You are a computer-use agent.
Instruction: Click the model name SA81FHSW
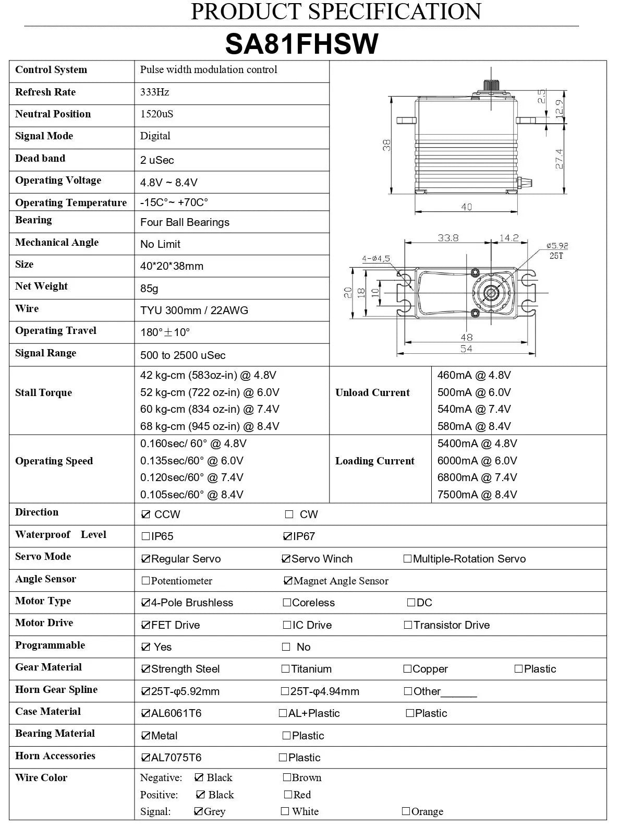[301, 44]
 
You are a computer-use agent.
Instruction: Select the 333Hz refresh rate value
[154, 92]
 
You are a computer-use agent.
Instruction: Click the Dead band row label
[40, 159]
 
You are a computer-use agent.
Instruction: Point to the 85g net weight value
[149, 289]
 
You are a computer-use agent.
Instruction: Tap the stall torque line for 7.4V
[209, 409]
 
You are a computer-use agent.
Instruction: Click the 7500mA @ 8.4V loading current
[477, 495]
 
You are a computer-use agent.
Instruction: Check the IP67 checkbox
[287, 536]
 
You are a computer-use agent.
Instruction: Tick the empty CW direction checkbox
[289, 514]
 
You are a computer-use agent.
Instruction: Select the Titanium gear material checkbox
[285, 669]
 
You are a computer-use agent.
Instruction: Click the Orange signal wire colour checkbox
[406, 811]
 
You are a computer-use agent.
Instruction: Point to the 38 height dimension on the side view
[387, 145]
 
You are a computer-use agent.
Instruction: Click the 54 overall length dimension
[466, 348]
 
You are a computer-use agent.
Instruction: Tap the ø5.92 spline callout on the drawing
[557, 245]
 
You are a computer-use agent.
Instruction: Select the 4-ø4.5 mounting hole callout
[376, 258]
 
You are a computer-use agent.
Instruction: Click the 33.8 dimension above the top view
[448, 237]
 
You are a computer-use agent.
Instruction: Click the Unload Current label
[372, 393]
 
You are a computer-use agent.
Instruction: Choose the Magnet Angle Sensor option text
[341, 581]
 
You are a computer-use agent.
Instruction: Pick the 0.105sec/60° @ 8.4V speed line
[191, 495]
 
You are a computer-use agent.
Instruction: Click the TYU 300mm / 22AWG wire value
[194, 310]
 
